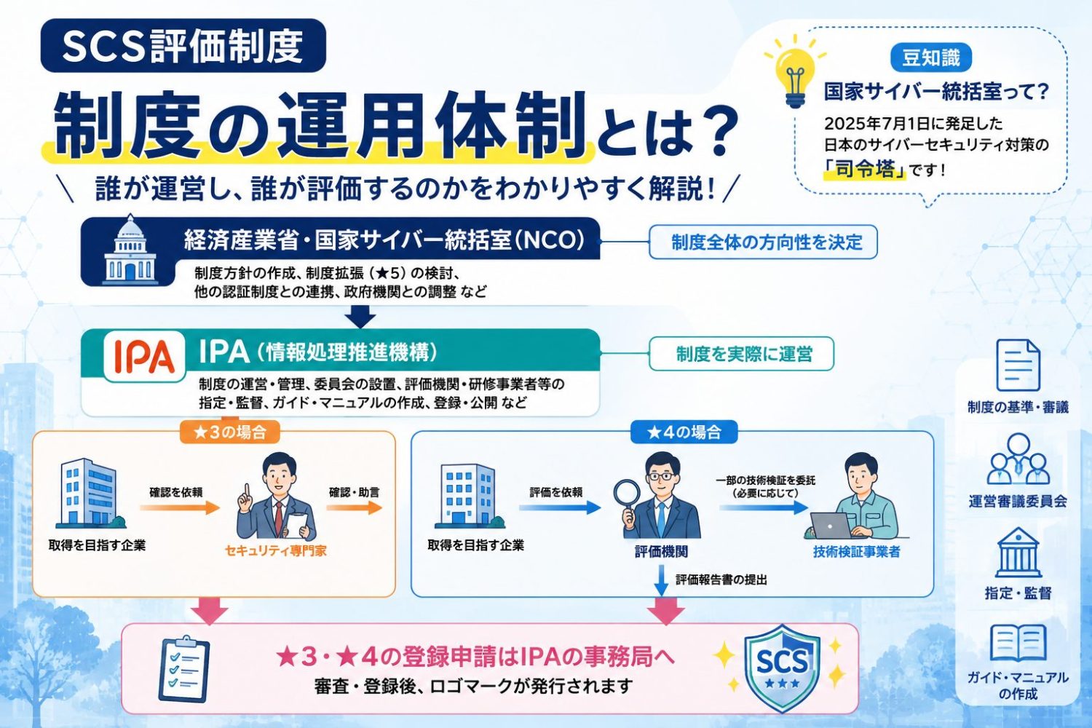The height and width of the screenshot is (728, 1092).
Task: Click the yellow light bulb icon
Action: point(795,72)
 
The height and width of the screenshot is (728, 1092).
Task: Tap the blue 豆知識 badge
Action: point(930,58)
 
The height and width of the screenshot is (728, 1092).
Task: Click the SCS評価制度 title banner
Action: point(183,46)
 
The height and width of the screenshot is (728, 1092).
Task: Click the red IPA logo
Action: point(144,356)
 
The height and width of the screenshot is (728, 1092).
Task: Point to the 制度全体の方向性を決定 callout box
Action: point(763,242)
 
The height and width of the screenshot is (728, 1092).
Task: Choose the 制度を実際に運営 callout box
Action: point(741,354)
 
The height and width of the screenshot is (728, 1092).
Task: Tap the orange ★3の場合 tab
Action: point(229,432)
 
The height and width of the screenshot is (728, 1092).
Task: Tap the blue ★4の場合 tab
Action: point(684,432)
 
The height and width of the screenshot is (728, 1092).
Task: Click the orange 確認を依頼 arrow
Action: point(180,507)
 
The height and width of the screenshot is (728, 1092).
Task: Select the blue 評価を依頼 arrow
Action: point(560,507)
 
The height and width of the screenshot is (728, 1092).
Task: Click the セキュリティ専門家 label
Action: point(275,551)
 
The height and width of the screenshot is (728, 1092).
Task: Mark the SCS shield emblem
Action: point(782,668)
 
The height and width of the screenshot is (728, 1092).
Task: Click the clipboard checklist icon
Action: point(184,668)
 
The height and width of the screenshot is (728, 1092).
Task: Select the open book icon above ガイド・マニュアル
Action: point(1018,643)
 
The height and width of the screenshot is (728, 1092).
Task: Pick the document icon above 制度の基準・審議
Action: point(1018,365)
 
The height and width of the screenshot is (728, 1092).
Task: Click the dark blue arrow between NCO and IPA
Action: point(360,317)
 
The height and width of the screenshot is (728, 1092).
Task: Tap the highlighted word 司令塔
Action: point(864,170)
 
